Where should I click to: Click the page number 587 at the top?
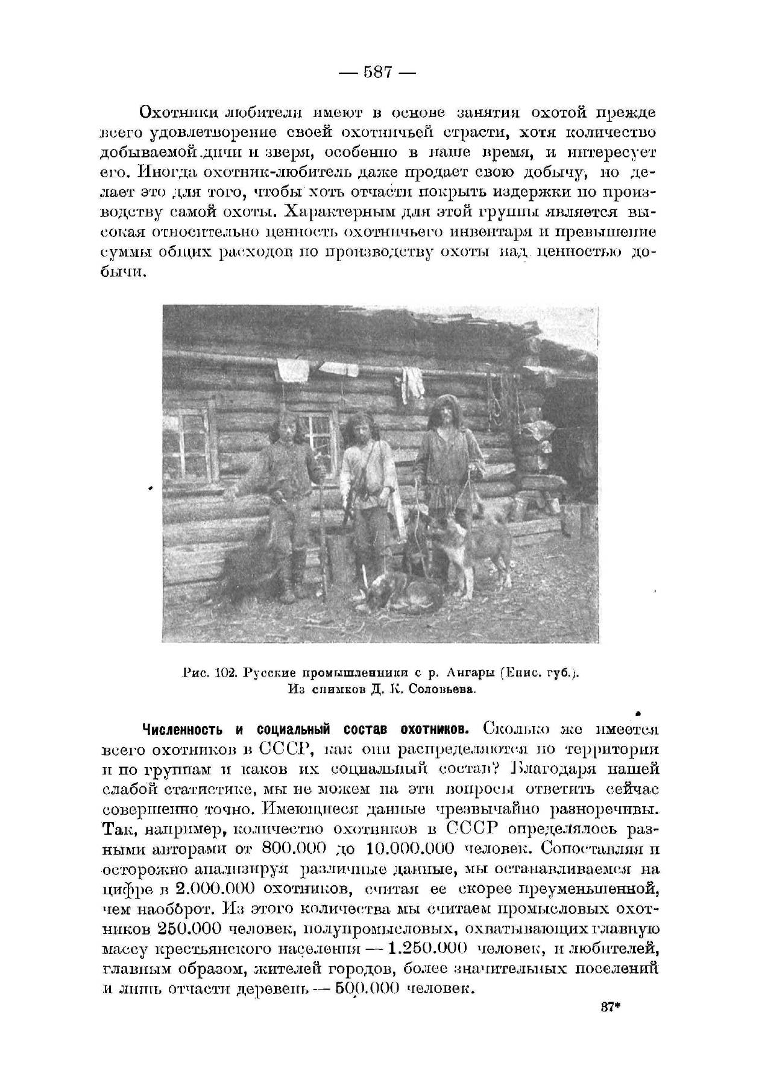[x=379, y=73]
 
